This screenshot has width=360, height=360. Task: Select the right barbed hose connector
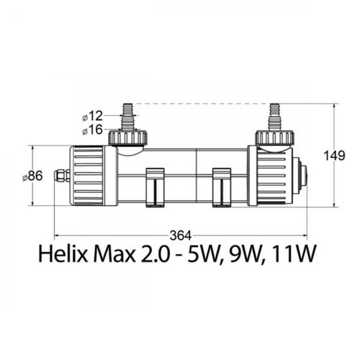274,116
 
